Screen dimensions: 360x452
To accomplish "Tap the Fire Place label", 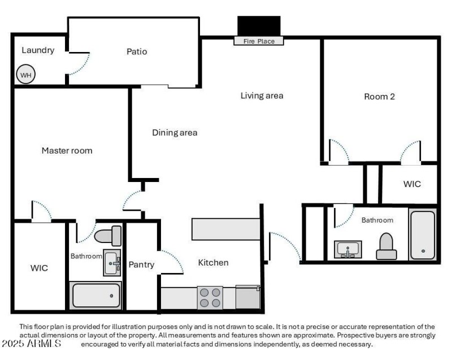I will pyautogui.click(x=259, y=41).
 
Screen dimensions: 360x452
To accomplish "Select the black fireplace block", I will pyautogui.click(x=259, y=26).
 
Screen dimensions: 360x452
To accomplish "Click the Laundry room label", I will pyautogui.click(x=38, y=50).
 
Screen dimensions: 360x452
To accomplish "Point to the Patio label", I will pyautogui.click(x=137, y=51).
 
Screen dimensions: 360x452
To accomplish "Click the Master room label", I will pyautogui.click(x=67, y=150).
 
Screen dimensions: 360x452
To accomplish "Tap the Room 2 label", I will pyautogui.click(x=379, y=97).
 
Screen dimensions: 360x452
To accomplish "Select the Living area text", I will pyautogui.click(x=262, y=96).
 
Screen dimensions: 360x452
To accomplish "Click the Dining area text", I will pyautogui.click(x=175, y=133).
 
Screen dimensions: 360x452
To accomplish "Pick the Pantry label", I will pyautogui.click(x=141, y=264).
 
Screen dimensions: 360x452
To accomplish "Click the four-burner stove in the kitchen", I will pyautogui.click(x=210, y=298).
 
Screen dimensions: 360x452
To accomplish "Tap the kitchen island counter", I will pyautogui.click(x=225, y=229).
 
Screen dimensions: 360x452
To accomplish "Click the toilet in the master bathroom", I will pyautogui.click(x=107, y=235).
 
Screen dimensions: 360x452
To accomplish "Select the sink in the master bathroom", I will pyautogui.click(x=112, y=262).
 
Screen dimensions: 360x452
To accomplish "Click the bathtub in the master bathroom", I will pyautogui.click(x=96, y=296).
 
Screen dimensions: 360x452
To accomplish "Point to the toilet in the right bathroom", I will pyautogui.click(x=386, y=246).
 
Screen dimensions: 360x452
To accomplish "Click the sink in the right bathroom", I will pyautogui.click(x=348, y=249).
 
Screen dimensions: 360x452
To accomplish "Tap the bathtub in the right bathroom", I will pyautogui.click(x=423, y=235).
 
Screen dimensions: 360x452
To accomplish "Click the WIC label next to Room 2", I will pyautogui.click(x=411, y=184).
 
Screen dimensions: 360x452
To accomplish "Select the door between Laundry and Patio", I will pyautogui.click(x=77, y=63).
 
